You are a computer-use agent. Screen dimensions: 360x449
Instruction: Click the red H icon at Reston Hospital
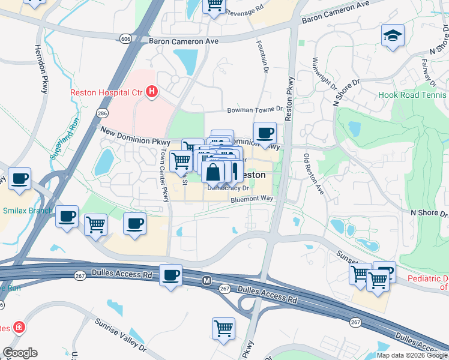152,92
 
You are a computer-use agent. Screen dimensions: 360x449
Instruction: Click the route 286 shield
103,112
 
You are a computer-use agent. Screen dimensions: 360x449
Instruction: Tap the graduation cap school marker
393,35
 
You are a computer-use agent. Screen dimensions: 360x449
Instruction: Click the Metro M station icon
206,280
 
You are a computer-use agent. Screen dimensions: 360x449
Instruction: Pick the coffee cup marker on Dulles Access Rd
170,275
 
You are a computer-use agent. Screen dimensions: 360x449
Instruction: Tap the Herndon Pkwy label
41,69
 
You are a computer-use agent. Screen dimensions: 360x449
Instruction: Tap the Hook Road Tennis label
413,95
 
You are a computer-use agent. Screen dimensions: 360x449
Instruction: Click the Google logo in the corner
20,353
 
